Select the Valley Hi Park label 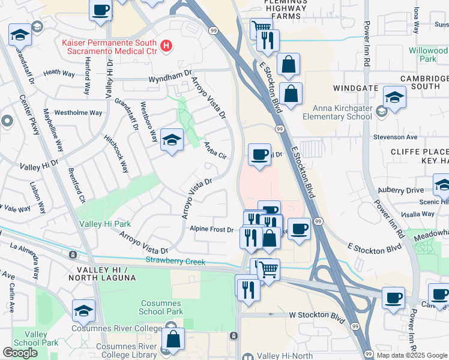(x=105, y=224)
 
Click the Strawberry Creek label (x=175, y=262)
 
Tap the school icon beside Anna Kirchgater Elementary (x=395, y=97)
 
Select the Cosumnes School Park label (x=161, y=308)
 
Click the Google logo (x=20, y=353)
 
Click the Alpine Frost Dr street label (x=211, y=229)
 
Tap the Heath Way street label (x=59, y=73)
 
